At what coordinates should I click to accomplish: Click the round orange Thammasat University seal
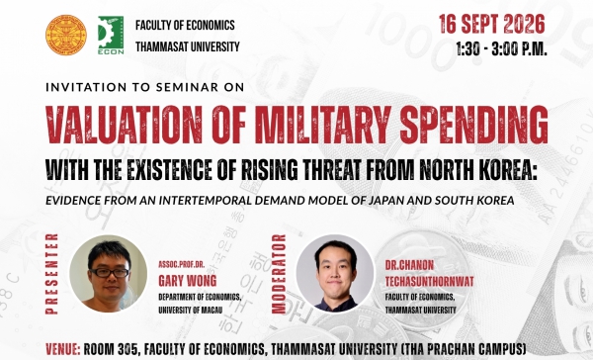(x=66, y=36)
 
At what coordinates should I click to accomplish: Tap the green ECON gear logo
(x=111, y=36)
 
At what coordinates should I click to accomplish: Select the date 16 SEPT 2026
(x=491, y=24)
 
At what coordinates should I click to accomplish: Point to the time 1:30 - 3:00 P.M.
(x=501, y=48)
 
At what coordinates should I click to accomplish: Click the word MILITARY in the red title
(x=322, y=125)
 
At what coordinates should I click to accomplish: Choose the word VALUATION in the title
(x=125, y=125)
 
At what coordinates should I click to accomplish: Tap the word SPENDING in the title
(x=473, y=125)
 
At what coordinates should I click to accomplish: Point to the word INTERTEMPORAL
(x=205, y=200)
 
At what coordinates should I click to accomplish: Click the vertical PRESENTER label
(x=51, y=274)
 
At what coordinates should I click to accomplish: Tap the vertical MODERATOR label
(x=279, y=274)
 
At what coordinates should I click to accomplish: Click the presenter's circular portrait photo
(x=109, y=273)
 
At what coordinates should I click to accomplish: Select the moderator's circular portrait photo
(x=335, y=273)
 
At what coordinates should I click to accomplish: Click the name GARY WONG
(x=188, y=281)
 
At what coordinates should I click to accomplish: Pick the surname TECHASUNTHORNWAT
(x=429, y=281)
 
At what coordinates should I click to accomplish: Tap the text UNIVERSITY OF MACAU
(x=190, y=310)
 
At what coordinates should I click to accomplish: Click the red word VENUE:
(x=63, y=349)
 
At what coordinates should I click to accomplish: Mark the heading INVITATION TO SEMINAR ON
(x=145, y=87)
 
